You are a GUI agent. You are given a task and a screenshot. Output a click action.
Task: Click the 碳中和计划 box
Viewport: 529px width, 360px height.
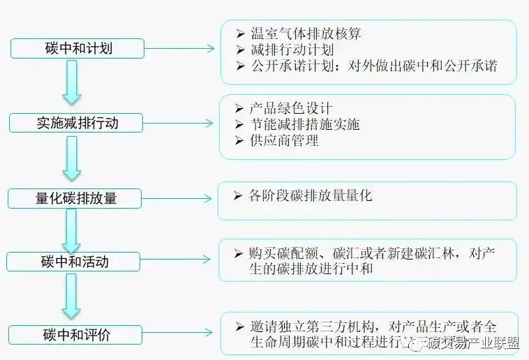click(77, 49)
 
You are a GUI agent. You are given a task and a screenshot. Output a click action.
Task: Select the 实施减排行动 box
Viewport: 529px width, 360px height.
click(77, 123)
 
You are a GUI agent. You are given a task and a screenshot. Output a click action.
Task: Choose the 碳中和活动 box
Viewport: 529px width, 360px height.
click(75, 262)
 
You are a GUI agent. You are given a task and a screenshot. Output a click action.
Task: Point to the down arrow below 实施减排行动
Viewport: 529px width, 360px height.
click(72, 157)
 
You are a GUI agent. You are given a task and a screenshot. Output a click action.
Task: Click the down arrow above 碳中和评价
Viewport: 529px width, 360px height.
click(72, 296)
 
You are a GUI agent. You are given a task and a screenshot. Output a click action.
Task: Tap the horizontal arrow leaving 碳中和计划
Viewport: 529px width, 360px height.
click(179, 49)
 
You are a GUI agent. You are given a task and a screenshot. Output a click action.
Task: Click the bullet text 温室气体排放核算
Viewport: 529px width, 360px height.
click(305, 33)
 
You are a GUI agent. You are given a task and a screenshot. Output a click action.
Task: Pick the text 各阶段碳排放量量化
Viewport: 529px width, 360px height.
click(311, 196)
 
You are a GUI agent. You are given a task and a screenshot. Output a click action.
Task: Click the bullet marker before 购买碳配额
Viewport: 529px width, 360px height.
click(239, 253)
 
